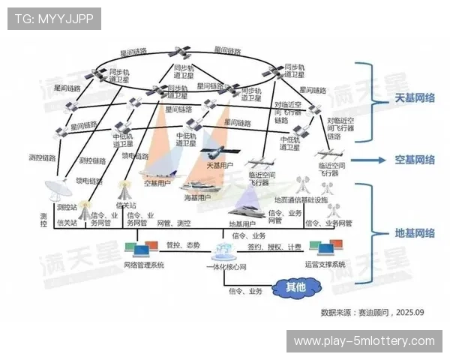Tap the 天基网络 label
(415, 98)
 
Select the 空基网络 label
(415, 160)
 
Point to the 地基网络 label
(415, 232)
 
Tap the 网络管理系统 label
(143, 265)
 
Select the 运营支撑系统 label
(325, 265)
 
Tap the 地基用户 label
(241, 223)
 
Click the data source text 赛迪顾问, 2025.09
(372, 310)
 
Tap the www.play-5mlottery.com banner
(364, 341)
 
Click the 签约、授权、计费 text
(274, 246)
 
